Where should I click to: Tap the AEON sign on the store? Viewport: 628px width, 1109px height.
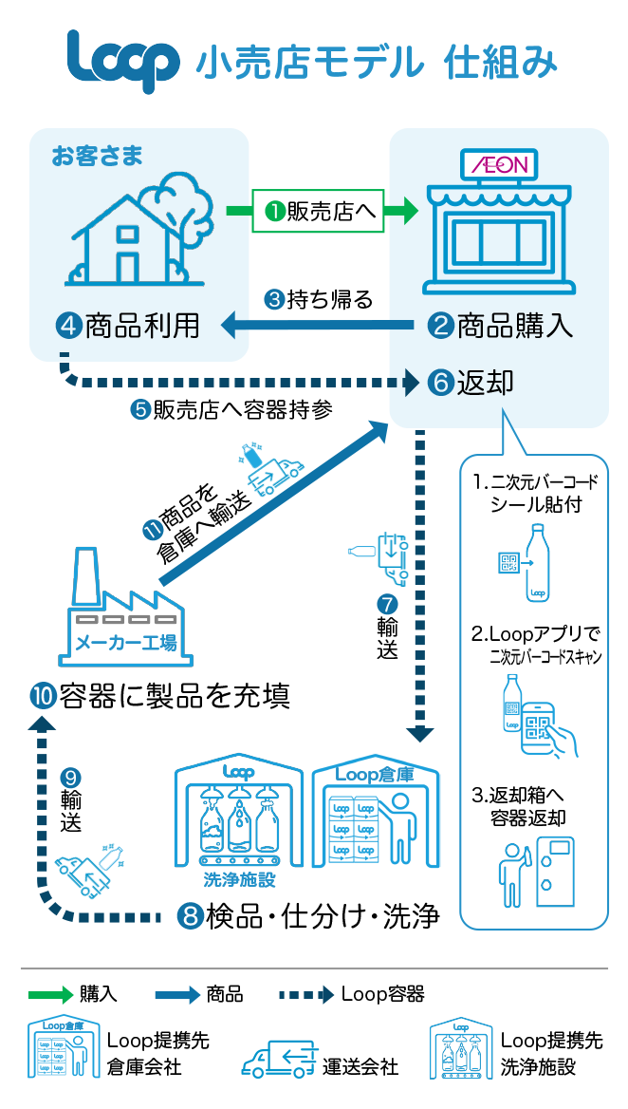tap(499, 164)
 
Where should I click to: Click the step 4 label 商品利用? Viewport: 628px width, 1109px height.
tap(130, 326)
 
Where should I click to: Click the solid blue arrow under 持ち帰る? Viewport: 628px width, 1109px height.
tap(318, 327)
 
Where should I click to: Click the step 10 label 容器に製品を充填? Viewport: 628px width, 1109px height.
tap(159, 697)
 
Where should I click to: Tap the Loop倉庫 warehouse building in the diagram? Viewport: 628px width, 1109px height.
tap(377, 817)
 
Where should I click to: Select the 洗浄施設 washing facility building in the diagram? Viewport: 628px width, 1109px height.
tap(239, 817)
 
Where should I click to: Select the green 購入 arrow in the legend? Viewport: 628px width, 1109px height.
tap(51, 994)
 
